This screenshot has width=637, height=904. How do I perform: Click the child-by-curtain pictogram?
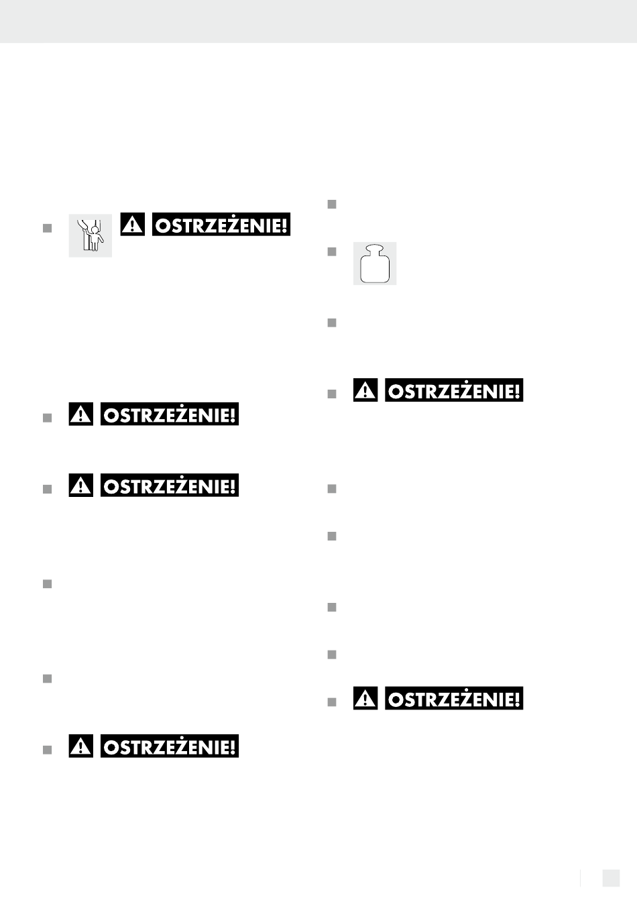(x=90, y=235)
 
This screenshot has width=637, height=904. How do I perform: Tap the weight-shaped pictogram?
(x=375, y=264)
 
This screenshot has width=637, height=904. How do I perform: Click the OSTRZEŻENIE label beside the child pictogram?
(x=221, y=225)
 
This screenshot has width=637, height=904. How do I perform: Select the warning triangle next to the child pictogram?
(x=132, y=225)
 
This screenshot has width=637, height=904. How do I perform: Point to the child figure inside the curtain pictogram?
(x=96, y=238)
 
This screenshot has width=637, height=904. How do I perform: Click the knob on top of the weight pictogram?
(x=375, y=249)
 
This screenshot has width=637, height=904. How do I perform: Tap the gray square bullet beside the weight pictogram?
(x=332, y=252)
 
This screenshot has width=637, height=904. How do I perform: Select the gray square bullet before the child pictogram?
(x=47, y=229)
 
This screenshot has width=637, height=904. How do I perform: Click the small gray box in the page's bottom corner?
(x=611, y=878)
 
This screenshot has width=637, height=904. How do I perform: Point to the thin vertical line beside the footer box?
(x=580, y=878)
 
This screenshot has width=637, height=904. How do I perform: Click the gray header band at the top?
(x=318, y=21)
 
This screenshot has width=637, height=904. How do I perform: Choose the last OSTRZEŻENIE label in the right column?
(x=454, y=698)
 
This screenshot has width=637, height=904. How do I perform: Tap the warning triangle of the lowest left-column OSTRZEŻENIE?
(x=80, y=746)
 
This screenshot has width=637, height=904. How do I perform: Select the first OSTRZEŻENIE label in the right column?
(x=454, y=390)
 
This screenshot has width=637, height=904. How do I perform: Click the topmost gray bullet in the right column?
(x=332, y=205)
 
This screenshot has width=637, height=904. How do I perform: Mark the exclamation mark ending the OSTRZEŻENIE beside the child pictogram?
(x=284, y=225)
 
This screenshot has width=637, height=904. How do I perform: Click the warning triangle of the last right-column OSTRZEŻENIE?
(x=365, y=698)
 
